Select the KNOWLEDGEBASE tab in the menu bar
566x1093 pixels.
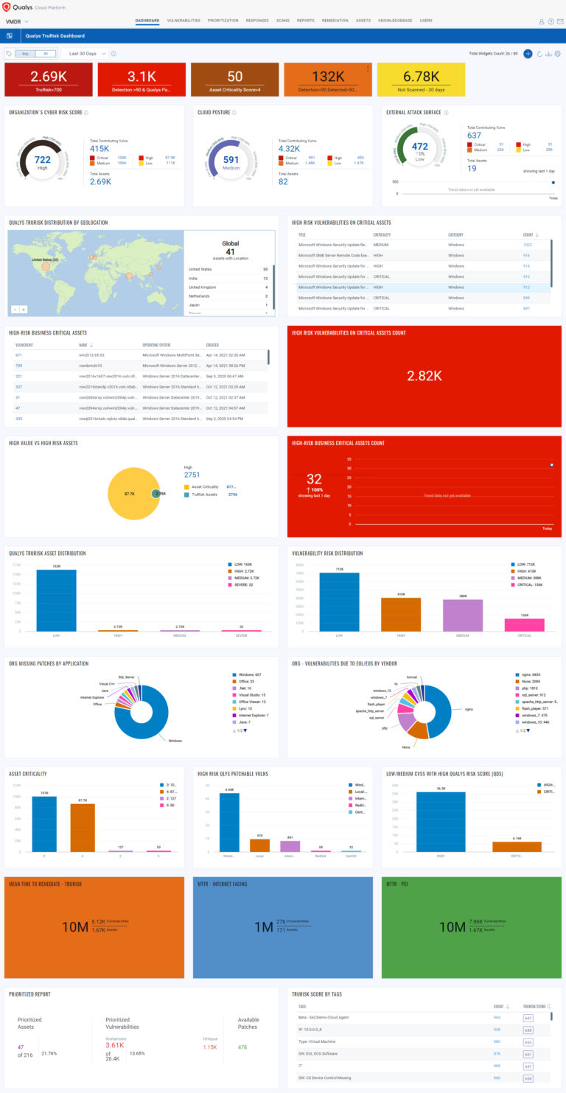point(395,21)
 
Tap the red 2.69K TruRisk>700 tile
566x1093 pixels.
point(49,80)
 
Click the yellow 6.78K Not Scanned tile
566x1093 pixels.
point(421,80)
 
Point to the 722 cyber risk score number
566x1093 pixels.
point(43,159)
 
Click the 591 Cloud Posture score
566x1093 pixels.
point(231,159)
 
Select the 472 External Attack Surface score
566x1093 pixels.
point(419,147)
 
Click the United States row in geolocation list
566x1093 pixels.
point(228,270)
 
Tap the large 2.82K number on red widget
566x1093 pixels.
point(424,376)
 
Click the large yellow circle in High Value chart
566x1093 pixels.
point(130,493)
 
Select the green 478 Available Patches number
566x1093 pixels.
point(243,1046)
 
